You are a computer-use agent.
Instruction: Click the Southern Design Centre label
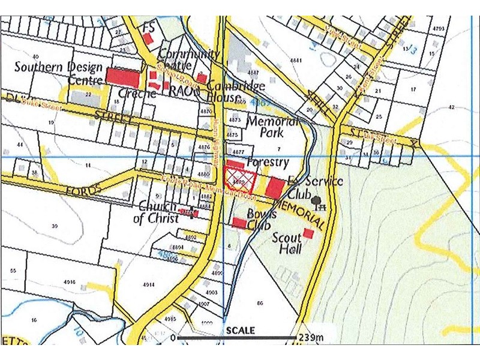(59, 73)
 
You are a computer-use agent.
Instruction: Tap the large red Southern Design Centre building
(122, 77)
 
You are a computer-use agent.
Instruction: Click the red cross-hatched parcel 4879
(239, 178)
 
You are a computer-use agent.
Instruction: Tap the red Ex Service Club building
(275, 187)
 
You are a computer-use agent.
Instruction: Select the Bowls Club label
(262, 220)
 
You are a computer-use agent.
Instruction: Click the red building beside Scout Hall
(308, 233)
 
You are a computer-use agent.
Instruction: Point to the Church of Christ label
(155, 212)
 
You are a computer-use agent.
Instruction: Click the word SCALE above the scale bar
(240, 330)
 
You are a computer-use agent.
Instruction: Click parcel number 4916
(68, 281)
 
